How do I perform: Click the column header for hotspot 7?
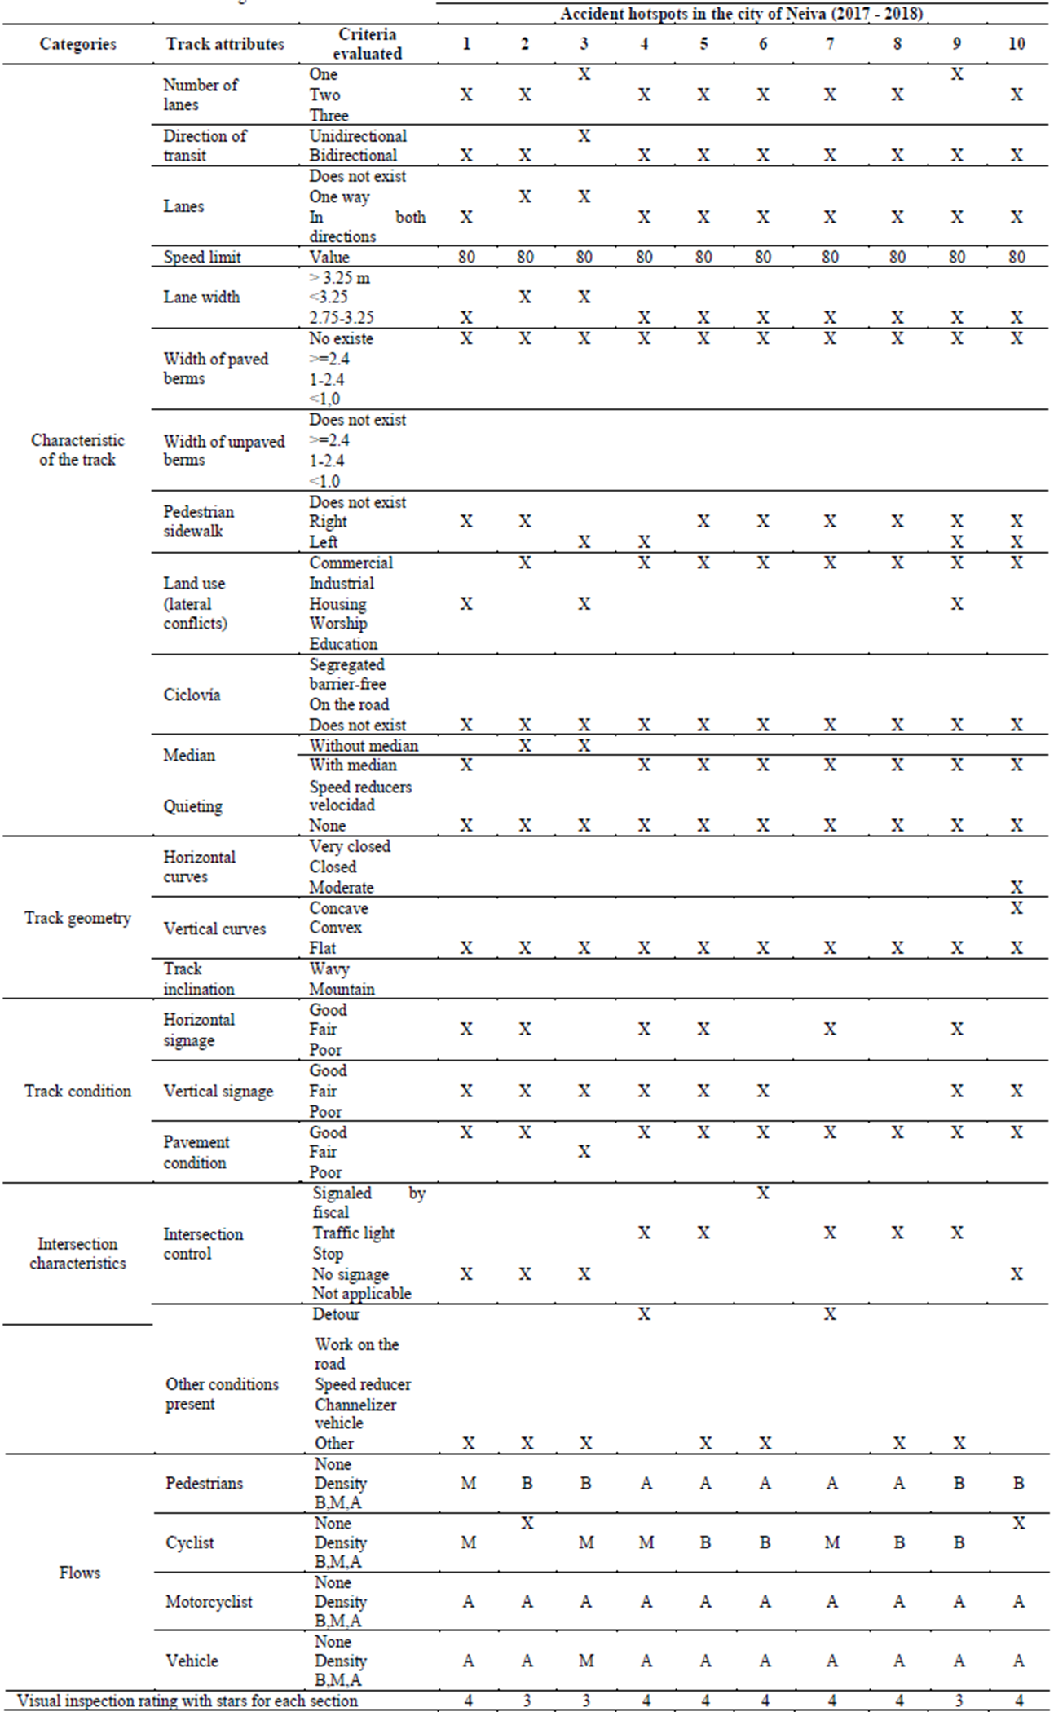pos(830,44)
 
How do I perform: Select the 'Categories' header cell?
pos(77,44)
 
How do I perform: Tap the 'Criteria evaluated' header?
pos(367,44)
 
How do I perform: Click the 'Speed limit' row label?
pos(202,258)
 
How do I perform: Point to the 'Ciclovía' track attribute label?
pos(192,695)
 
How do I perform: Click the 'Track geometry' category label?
pos(77,919)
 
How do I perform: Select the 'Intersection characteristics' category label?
pos(77,1254)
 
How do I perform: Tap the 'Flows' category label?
pos(80,1573)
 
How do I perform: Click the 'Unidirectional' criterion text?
pos(358,136)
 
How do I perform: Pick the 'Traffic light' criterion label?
pos(354,1233)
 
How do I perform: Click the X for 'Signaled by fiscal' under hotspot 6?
pos(763,1194)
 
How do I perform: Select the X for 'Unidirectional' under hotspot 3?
pos(584,136)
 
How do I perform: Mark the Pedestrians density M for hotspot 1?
pos(468,1484)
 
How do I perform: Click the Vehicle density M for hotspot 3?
pos(586,1661)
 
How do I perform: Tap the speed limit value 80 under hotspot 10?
pos(1017,258)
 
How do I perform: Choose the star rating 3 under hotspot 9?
pos(959,1701)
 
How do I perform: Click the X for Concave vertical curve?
pos(1017,908)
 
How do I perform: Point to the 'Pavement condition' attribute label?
pos(196,1153)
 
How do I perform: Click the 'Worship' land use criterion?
pos(338,624)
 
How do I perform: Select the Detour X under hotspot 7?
pos(830,1314)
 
